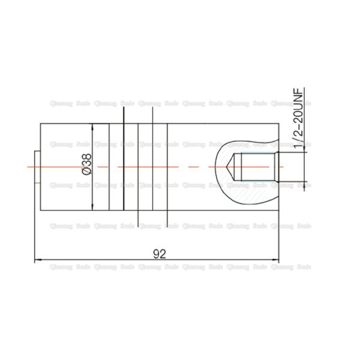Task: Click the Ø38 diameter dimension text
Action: pyautogui.click(x=86, y=165)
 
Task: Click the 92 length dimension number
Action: pyautogui.click(x=159, y=253)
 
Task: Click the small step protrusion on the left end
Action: pyautogui.click(x=37, y=166)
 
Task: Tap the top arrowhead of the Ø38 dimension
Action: pyautogui.click(x=92, y=127)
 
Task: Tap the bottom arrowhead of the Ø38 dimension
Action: pyautogui.click(x=92, y=207)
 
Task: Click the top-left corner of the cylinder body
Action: pyautogui.click(x=40, y=123)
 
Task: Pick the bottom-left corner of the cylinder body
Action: pyautogui.click(x=40, y=211)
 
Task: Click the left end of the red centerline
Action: pyautogui.click(x=29, y=166)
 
